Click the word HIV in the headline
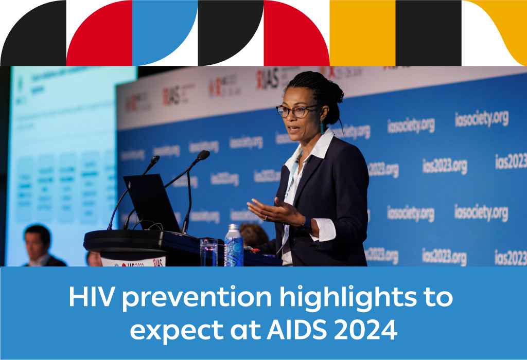click(87, 297)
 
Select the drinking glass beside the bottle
click(209, 251)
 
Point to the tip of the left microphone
click(154, 159)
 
